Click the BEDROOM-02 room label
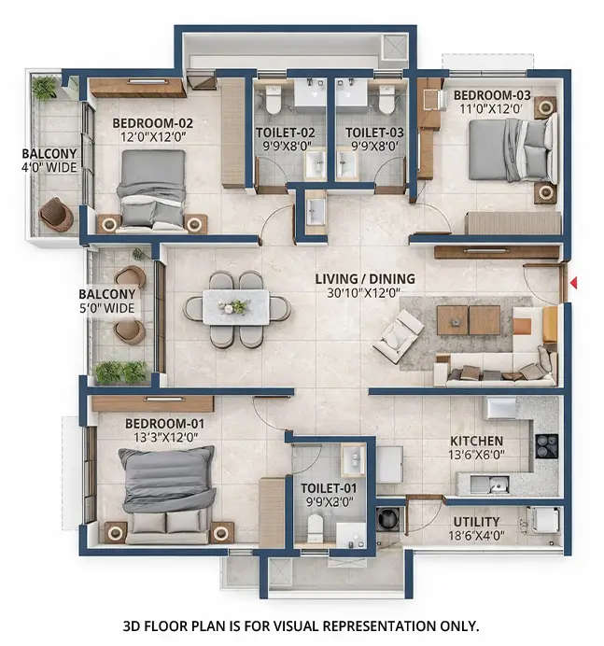(153, 122)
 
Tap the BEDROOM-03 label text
(492, 95)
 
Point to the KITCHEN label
(476, 441)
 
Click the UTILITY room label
(476, 522)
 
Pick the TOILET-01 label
(327, 487)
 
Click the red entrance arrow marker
(574, 282)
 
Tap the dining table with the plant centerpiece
(236, 307)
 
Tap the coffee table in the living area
(468, 320)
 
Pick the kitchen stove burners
(546, 446)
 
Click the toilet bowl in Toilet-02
(274, 99)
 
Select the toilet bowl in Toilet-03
(386, 99)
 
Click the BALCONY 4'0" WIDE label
(48, 161)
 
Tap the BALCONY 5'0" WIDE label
(107, 300)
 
